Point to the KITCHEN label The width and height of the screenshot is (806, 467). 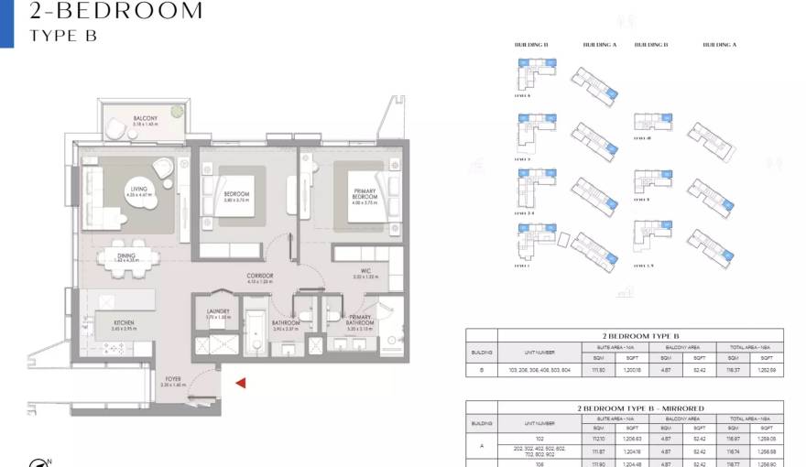tap(125, 323)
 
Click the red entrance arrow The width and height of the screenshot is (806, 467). tap(241, 384)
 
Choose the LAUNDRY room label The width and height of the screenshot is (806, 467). tap(219, 313)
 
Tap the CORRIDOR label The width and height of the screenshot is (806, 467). tap(260, 277)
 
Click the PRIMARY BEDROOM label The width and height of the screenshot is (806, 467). tap(365, 195)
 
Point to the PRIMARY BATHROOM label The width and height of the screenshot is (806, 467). tap(360, 320)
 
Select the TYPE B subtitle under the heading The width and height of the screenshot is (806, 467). tap(63, 36)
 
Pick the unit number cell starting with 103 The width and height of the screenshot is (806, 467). tap(539, 371)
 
